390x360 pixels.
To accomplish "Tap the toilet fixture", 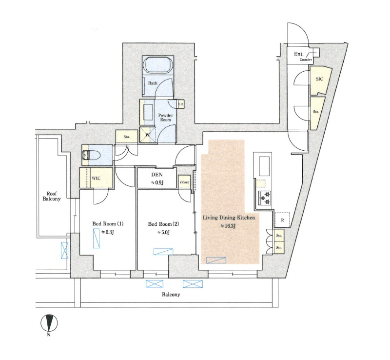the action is click(x=91, y=155).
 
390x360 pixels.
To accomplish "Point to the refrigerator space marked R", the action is click(x=282, y=220).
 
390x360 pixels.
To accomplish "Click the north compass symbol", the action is click(x=49, y=323).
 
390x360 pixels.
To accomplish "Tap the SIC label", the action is click(x=319, y=79).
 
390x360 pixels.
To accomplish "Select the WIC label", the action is click(x=96, y=178).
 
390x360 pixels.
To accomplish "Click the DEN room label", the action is click(x=157, y=175).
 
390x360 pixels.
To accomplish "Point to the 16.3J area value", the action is click(x=228, y=226).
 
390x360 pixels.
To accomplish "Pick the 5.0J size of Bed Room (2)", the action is click(x=163, y=233).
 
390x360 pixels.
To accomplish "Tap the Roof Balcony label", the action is click(x=52, y=196).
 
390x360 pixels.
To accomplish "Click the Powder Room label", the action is click(x=166, y=117).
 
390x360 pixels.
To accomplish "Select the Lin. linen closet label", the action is click(x=181, y=104).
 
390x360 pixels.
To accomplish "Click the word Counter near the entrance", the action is click(x=306, y=60).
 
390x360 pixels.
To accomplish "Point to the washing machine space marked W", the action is click(x=147, y=136).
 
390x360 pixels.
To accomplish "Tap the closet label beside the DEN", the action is click(x=184, y=182).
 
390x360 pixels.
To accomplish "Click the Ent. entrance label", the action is click(x=298, y=54).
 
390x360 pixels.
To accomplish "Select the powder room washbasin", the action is click(x=149, y=112).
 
